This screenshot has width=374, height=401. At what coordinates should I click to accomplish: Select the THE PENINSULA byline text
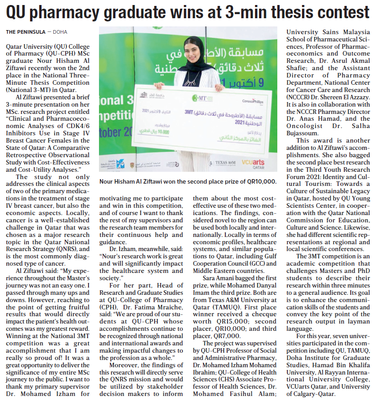[x=26, y=32]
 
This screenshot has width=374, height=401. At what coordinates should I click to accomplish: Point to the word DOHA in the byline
[x=60, y=32]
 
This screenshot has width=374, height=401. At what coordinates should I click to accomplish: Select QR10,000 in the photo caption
[x=260, y=181]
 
